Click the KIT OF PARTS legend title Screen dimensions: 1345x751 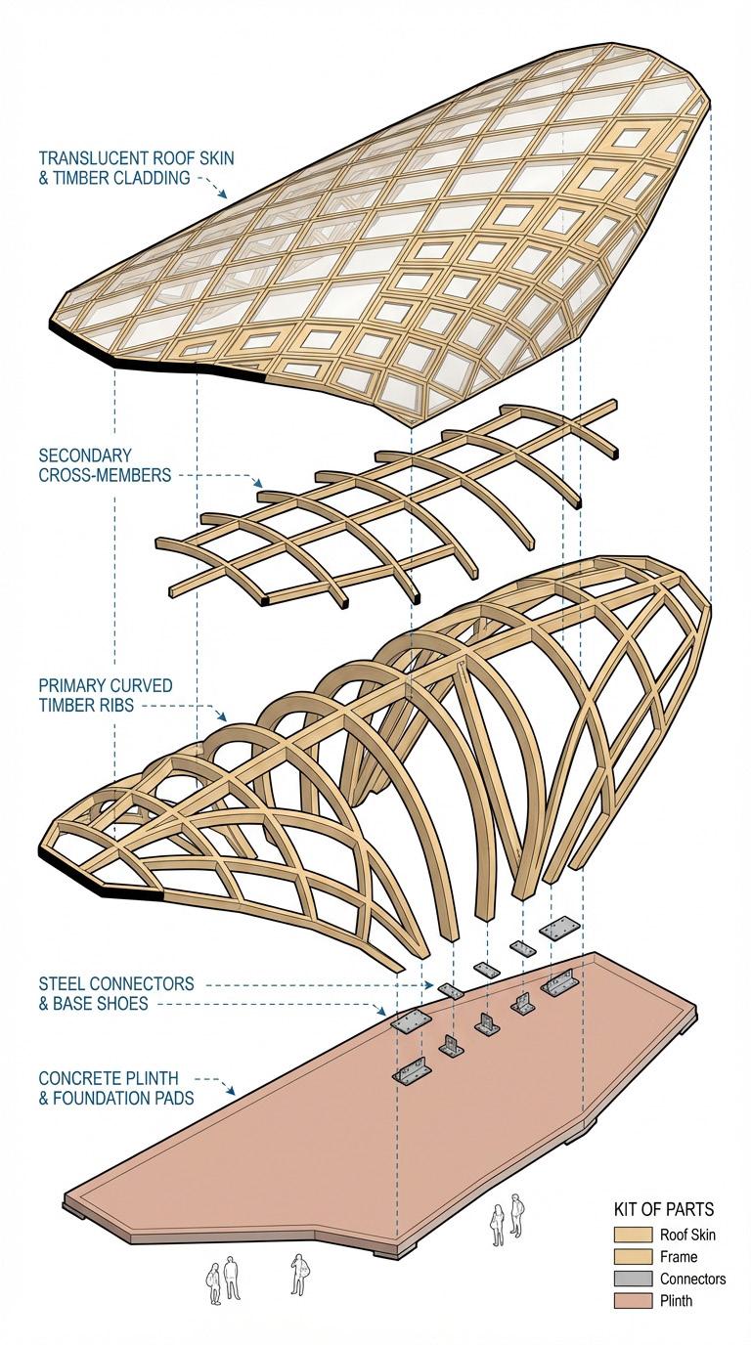663,1209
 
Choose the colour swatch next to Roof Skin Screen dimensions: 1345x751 632,1235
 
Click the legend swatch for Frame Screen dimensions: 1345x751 632,1256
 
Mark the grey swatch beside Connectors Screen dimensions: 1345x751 632,1279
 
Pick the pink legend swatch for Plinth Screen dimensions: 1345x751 632,1301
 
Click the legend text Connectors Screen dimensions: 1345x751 692,1279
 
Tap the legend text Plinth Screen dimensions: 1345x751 676,1301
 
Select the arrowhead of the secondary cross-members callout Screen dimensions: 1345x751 259,483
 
